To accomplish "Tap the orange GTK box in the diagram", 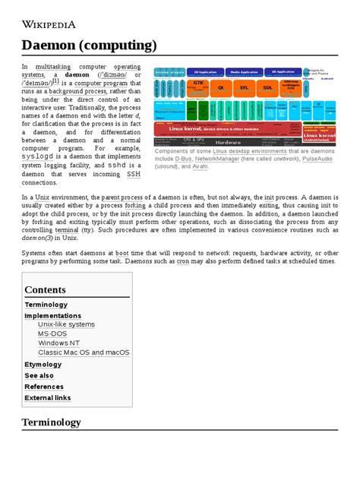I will [x=198, y=85].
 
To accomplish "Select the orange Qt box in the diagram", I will [x=222, y=87].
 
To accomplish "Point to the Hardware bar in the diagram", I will [x=227, y=142].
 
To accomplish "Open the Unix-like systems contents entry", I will [x=66, y=324].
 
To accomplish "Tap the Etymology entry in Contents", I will [x=43, y=364].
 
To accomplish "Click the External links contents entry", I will [x=47, y=397].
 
